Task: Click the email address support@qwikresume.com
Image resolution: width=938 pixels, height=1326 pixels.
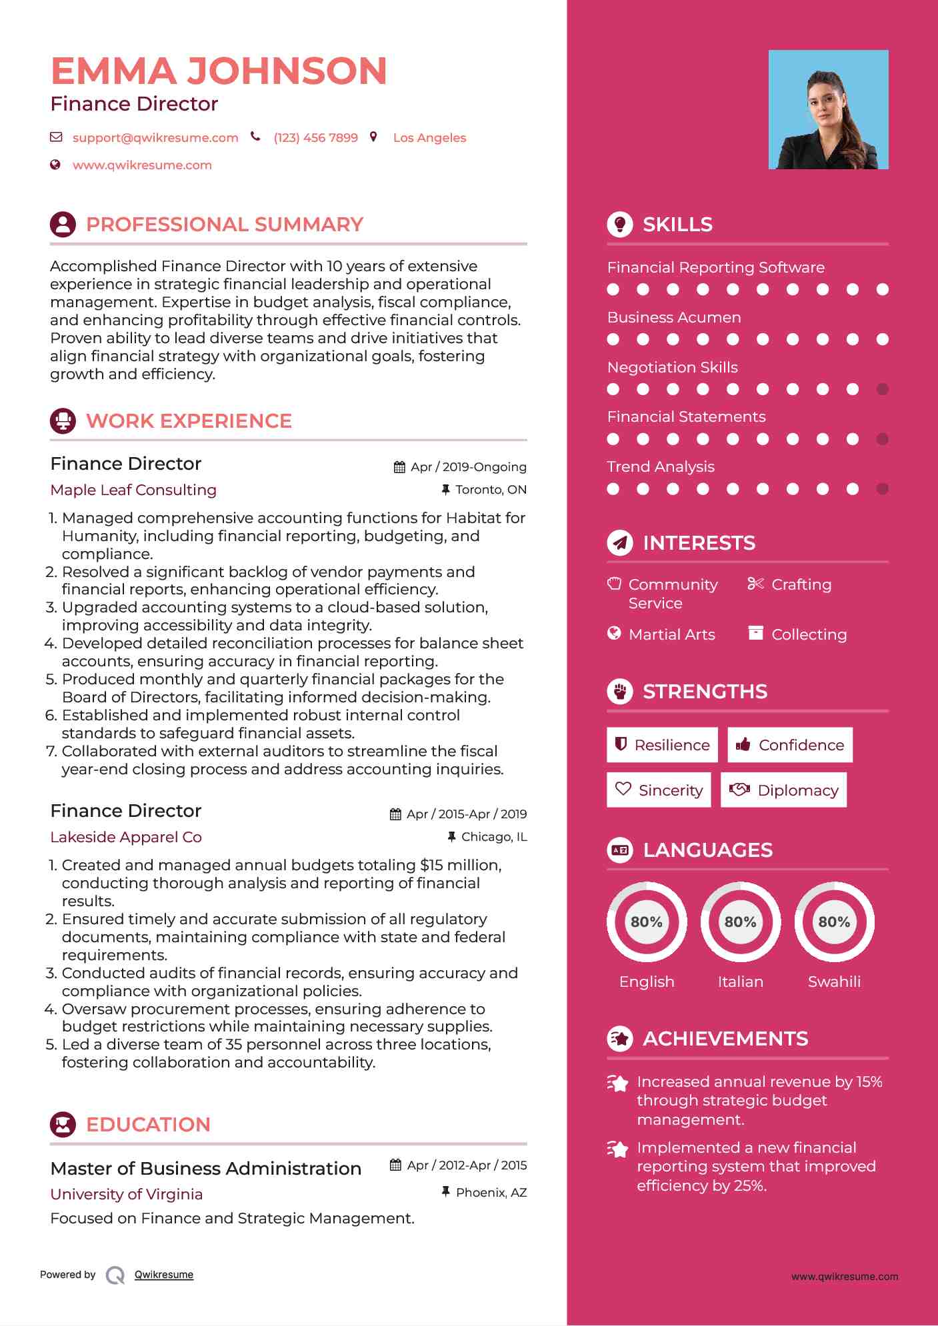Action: pyautogui.click(x=155, y=138)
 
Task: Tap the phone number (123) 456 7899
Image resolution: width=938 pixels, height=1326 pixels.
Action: pyautogui.click(x=315, y=138)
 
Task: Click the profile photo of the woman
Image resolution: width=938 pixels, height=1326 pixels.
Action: pyautogui.click(x=828, y=109)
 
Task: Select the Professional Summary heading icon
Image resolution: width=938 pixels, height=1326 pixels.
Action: pyautogui.click(x=63, y=225)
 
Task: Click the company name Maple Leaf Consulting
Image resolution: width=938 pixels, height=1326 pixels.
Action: pyautogui.click(x=133, y=490)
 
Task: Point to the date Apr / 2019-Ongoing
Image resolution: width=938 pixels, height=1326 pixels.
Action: pyautogui.click(x=468, y=467)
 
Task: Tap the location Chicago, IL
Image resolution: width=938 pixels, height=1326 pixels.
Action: pyautogui.click(x=493, y=837)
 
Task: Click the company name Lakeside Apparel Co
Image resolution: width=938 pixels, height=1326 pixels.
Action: pyautogui.click(x=126, y=837)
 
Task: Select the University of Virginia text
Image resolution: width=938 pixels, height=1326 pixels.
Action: pyautogui.click(x=127, y=1194)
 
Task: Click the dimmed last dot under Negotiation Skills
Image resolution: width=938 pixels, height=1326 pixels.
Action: pyautogui.click(x=882, y=389)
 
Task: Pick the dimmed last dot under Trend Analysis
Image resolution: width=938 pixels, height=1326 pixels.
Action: pyautogui.click(x=882, y=489)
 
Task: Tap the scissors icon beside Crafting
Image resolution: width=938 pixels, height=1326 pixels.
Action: pyautogui.click(x=755, y=584)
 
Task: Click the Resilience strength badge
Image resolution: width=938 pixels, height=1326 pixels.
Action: pyautogui.click(x=662, y=745)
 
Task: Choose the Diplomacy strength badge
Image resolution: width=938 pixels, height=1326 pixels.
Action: pyautogui.click(x=783, y=790)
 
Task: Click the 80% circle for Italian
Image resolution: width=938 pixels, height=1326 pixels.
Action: pyautogui.click(x=740, y=922)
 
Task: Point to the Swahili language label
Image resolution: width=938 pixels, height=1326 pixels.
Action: pyautogui.click(x=834, y=982)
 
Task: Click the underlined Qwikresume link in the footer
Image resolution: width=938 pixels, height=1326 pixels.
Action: pyautogui.click(x=164, y=1275)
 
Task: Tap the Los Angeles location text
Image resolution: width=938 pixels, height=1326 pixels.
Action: pyautogui.click(x=429, y=138)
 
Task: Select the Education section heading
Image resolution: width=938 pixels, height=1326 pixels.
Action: pyautogui.click(x=148, y=1125)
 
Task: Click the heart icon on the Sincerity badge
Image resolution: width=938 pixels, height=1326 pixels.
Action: pyautogui.click(x=623, y=789)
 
